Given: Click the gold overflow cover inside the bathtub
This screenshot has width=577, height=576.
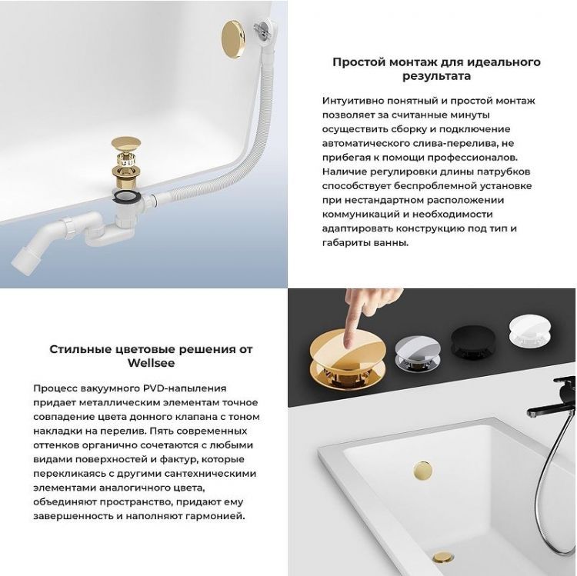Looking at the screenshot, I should pyautogui.click(x=422, y=468).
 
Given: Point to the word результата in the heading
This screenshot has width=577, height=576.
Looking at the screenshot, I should pyautogui.click(x=436, y=76).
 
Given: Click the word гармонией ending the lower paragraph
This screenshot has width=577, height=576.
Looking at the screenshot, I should pyautogui.click(x=209, y=516).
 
